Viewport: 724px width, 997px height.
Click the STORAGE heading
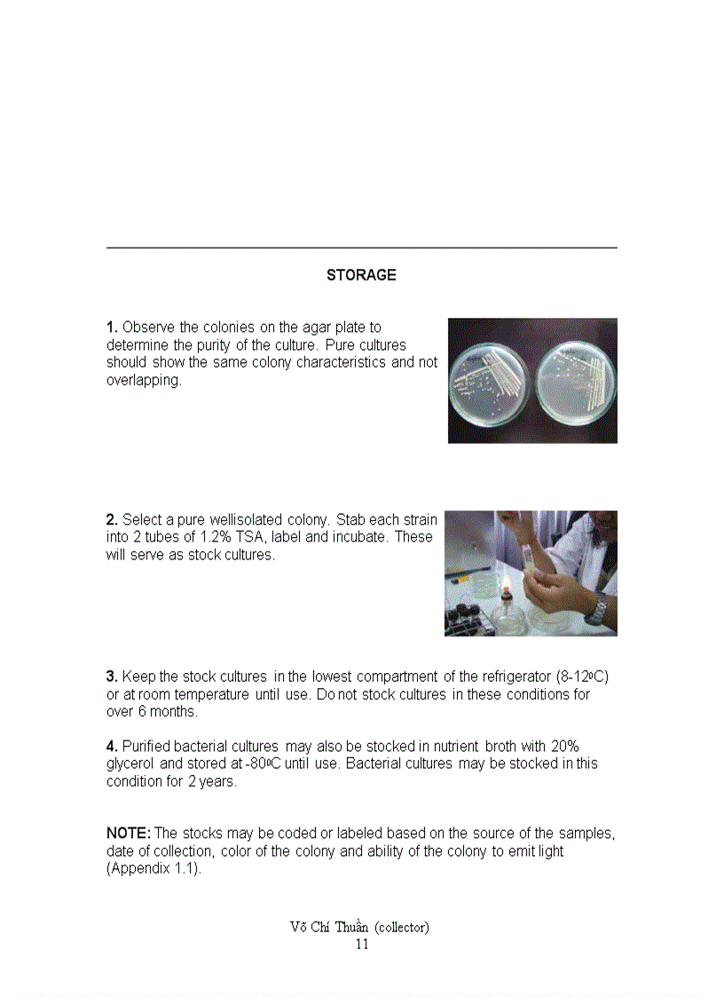(361, 275)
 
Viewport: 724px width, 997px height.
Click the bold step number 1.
(112, 328)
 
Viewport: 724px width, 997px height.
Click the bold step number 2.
(112, 519)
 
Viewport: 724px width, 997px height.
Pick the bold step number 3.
(112, 677)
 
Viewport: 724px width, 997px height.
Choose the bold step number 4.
(112, 746)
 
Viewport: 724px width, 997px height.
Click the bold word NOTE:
(129, 833)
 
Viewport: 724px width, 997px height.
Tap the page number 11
(361, 944)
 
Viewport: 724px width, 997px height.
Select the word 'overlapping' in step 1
(143, 380)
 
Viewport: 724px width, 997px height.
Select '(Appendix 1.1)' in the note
(152, 868)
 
